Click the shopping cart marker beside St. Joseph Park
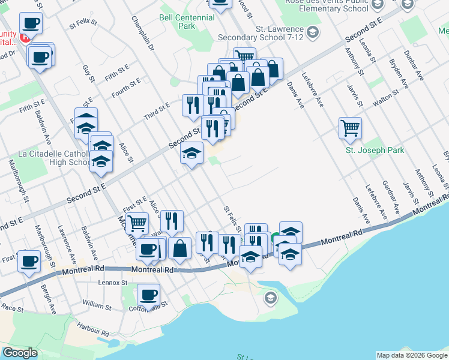[x=350, y=127]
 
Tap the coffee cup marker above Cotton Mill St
[x=148, y=295]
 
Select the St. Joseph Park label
[x=375, y=150]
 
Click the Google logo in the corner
[x=20, y=353]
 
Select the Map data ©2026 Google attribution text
[x=411, y=355]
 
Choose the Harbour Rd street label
[x=93, y=329]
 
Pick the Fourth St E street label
[x=126, y=88]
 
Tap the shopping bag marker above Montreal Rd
[x=180, y=247]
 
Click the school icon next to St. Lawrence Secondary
[x=312, y=32]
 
